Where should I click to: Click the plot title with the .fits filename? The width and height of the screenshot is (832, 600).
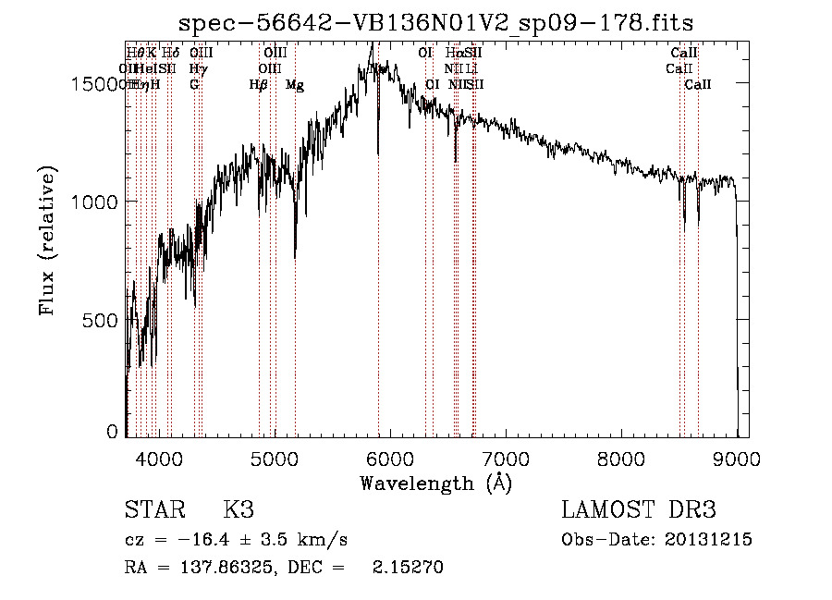click(x=436, y=22)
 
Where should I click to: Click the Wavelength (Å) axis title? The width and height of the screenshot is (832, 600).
click(x=435, y=483)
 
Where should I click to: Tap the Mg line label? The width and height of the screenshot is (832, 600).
click(x=294, y=84)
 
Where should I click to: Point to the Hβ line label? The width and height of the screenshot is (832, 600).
click(x=259, y=84)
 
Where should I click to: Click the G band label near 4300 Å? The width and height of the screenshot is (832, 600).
click(x=194, y=84)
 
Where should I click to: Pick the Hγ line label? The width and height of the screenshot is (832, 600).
click(x=197, y=68)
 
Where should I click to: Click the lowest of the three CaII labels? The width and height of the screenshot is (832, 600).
click(x=698, y=84)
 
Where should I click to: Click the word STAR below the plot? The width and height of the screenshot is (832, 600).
click(x=153, y=509)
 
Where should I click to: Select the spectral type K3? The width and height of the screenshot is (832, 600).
click(x=238, y=509)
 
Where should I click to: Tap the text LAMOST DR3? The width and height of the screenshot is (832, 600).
click(x=639, y=509)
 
